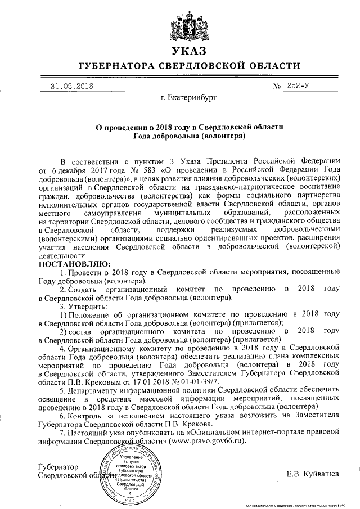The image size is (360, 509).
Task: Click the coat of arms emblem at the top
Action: [179, 25]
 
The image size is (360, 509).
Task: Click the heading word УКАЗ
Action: [180, 52]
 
